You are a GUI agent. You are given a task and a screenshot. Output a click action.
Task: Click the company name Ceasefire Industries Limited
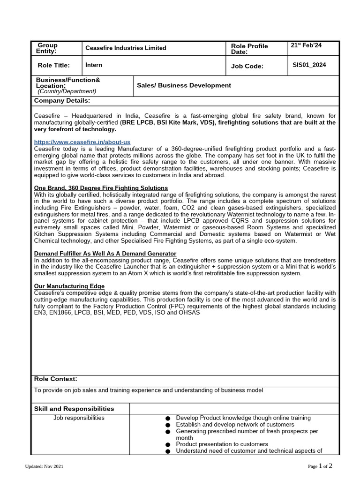[126, 48]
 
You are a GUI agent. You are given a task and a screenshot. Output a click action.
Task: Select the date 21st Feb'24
[306, 45]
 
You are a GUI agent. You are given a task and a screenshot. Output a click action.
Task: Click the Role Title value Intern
[94, 65]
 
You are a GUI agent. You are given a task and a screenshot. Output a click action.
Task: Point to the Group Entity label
[47, 48]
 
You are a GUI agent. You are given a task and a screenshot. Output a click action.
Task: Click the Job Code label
[247, 66]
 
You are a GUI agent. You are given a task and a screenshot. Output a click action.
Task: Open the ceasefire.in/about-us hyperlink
[82, 142]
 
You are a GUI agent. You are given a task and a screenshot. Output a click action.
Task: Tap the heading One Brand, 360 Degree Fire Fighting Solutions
[101, 188]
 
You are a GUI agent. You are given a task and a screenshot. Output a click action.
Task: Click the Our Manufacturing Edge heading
[69, 286]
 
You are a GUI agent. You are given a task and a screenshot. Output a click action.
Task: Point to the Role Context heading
[56, 379]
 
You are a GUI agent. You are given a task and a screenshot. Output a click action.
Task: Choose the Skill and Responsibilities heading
[74, 409]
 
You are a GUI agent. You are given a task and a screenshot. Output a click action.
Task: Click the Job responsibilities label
[79, 418]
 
